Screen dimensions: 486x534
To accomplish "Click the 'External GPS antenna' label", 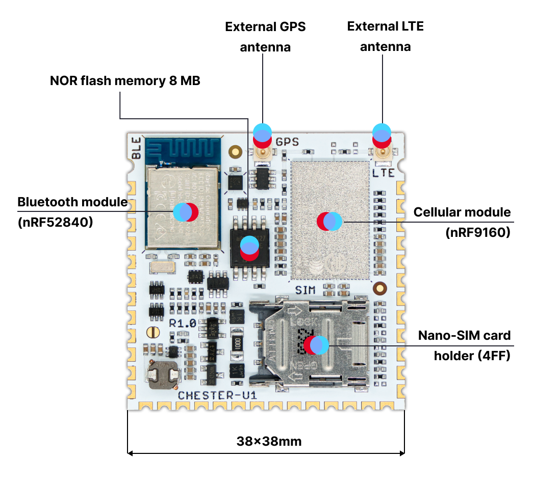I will tap(265, 37).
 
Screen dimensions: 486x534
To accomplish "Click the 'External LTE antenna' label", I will tap(385, 36).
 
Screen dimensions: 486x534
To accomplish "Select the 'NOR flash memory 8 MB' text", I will tap(125, 80).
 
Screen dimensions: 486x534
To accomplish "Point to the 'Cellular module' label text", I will tap(462, 212).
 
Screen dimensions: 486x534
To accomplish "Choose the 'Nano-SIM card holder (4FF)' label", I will tap(464, 345).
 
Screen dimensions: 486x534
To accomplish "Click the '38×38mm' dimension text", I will tap(269, 441).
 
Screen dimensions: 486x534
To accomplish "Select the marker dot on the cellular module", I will tap(329, 221).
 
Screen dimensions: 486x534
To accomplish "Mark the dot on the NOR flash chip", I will tap(249, 248).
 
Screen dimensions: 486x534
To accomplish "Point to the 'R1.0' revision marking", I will tap(183, 323).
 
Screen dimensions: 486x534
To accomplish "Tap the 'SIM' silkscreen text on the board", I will tap(305, 290).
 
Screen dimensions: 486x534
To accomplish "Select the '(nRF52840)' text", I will tap(55, 222).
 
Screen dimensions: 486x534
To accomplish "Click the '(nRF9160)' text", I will tap(477, 232).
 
